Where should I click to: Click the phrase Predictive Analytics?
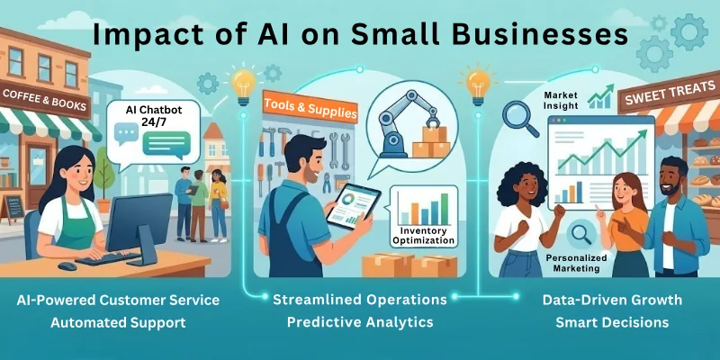coord(360,322)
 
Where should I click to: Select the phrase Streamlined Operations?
coord(360,300)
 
